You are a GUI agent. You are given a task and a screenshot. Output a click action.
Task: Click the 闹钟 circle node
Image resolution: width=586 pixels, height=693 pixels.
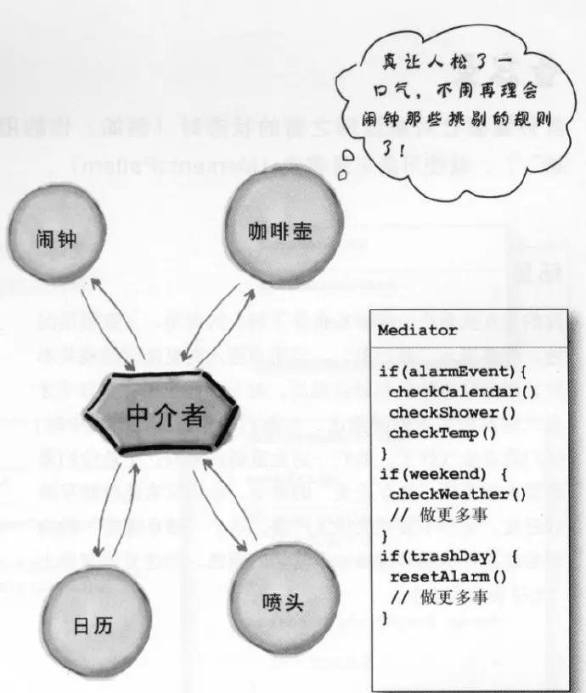pyautogui.click(x=57, y=239)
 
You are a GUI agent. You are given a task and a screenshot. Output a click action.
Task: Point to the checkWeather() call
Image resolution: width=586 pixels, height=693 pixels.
pyautogui.click(x=458, y=493)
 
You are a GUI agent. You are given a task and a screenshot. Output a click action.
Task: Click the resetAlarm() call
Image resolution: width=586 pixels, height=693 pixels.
pyautogui.click(x=448, y=577)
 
